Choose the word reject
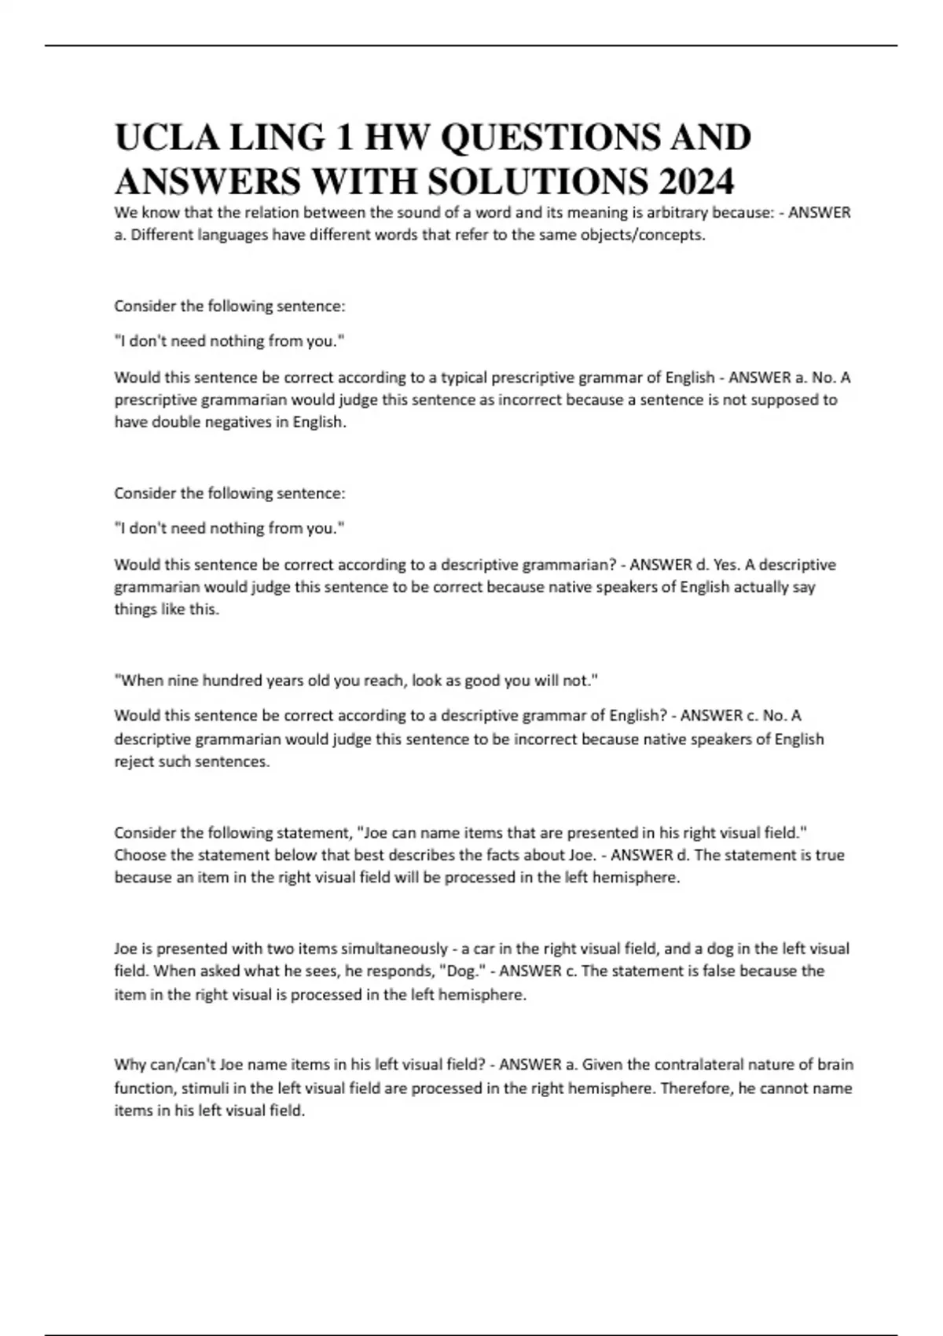(134, 762)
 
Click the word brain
(835, 1065)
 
